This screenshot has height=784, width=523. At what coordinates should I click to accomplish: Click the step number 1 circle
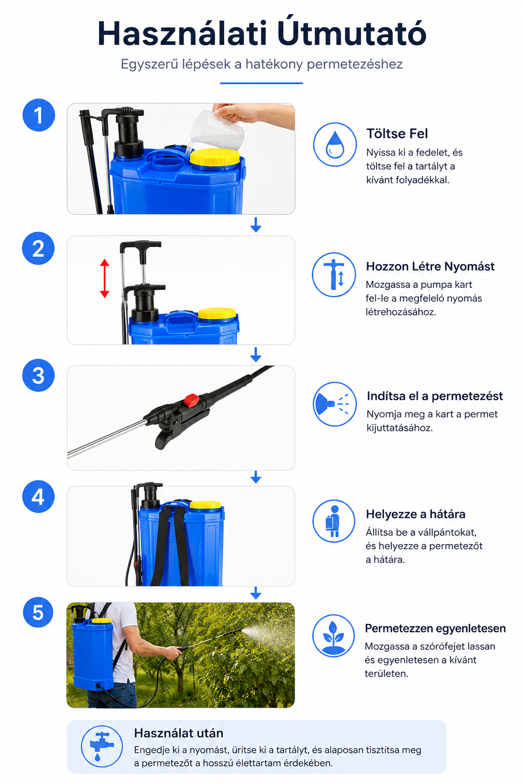[x=38, y=115]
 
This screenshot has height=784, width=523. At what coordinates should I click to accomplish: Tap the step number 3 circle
[x=38, y=375]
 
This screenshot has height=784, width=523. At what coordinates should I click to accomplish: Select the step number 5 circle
[x=38, y=613]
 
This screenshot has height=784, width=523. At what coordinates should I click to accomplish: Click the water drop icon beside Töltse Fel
[x=335, y=144]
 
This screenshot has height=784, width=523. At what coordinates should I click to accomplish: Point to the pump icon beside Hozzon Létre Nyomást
[x=334, y=275]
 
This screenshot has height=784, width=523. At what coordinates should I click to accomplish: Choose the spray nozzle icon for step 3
[x=335, y=404]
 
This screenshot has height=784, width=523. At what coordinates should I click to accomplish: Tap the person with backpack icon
[x=334, y=521]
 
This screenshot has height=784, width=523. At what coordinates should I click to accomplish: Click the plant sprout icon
[x=334, y=636]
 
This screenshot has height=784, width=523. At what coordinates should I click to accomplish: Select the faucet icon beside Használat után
[x=102, y=746]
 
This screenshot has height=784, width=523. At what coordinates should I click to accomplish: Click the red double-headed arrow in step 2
[x=104, y=278]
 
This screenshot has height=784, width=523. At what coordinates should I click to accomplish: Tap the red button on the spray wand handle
[x=192, y=400]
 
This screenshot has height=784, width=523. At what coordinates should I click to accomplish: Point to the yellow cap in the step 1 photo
[x=215, y=157]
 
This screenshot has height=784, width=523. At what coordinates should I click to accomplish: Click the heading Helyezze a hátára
[x=415, y=514]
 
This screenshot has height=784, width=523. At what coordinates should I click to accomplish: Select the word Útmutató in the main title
[x=352, y=33]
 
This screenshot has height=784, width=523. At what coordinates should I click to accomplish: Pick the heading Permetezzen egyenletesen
[x=435, y=628]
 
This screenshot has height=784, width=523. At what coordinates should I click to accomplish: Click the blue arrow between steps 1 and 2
[x=256, y=225]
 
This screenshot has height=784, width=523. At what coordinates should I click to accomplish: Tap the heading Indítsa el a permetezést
[x=434, y=396]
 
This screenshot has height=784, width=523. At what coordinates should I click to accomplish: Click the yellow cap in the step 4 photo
[x=205, y=504]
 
